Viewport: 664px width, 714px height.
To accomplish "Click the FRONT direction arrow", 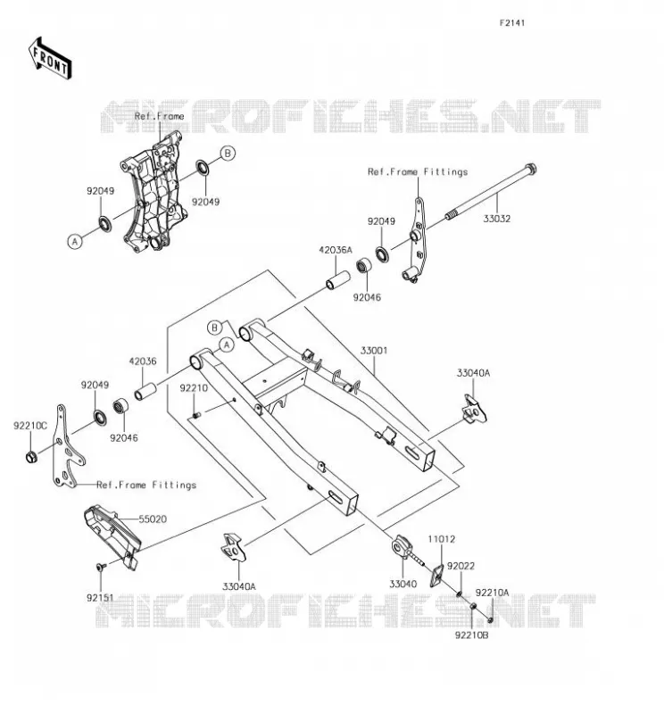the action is pyautogui.click(x=50, y=59).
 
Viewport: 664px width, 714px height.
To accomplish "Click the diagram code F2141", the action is pyautogui.click(x=512, y=23).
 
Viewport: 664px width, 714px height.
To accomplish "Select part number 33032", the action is pyautogui.click(x=497, y=219).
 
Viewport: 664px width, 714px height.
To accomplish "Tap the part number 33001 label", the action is pyautogui.click(x=374, y=351).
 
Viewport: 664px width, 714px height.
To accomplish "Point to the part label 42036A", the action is pyautogui.click(x=336, y=250).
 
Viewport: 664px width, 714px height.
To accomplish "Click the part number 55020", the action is pyautogui.click(x=153, y=519).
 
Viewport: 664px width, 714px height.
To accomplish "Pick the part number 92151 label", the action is pyautogui.click(x=100, y=598).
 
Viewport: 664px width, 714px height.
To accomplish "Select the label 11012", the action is pyautogui.click(x=441, y=539).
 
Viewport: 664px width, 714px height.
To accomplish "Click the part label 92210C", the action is pyautogui.click(x=30, y=427).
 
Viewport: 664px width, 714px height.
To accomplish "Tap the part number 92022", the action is pyautogui.click(x=461, y=566).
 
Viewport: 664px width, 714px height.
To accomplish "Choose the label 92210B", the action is pyautogui.click(x=471, y=635).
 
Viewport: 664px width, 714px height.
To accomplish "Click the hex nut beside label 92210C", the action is pyautogui.click(x=31, y=456).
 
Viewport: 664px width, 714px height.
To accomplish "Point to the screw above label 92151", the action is pyautogui.click(x=101, y=567).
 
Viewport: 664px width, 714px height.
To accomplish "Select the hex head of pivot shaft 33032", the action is pyautogui.click(x=530, y=169).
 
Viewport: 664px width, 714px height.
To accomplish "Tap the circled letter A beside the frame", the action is pyautogui.click(x=75, y=241).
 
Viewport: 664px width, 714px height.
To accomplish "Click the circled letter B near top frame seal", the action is pyautogui.click(x=228, y=154).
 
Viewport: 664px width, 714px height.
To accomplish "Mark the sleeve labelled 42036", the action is pyautogui.click(x=145, y=391).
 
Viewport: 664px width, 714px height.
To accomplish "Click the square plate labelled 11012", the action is pyautogui.click(x=436, y=576).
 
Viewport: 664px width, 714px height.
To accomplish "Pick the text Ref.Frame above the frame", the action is pyautogui.click(x=160, y=116).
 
